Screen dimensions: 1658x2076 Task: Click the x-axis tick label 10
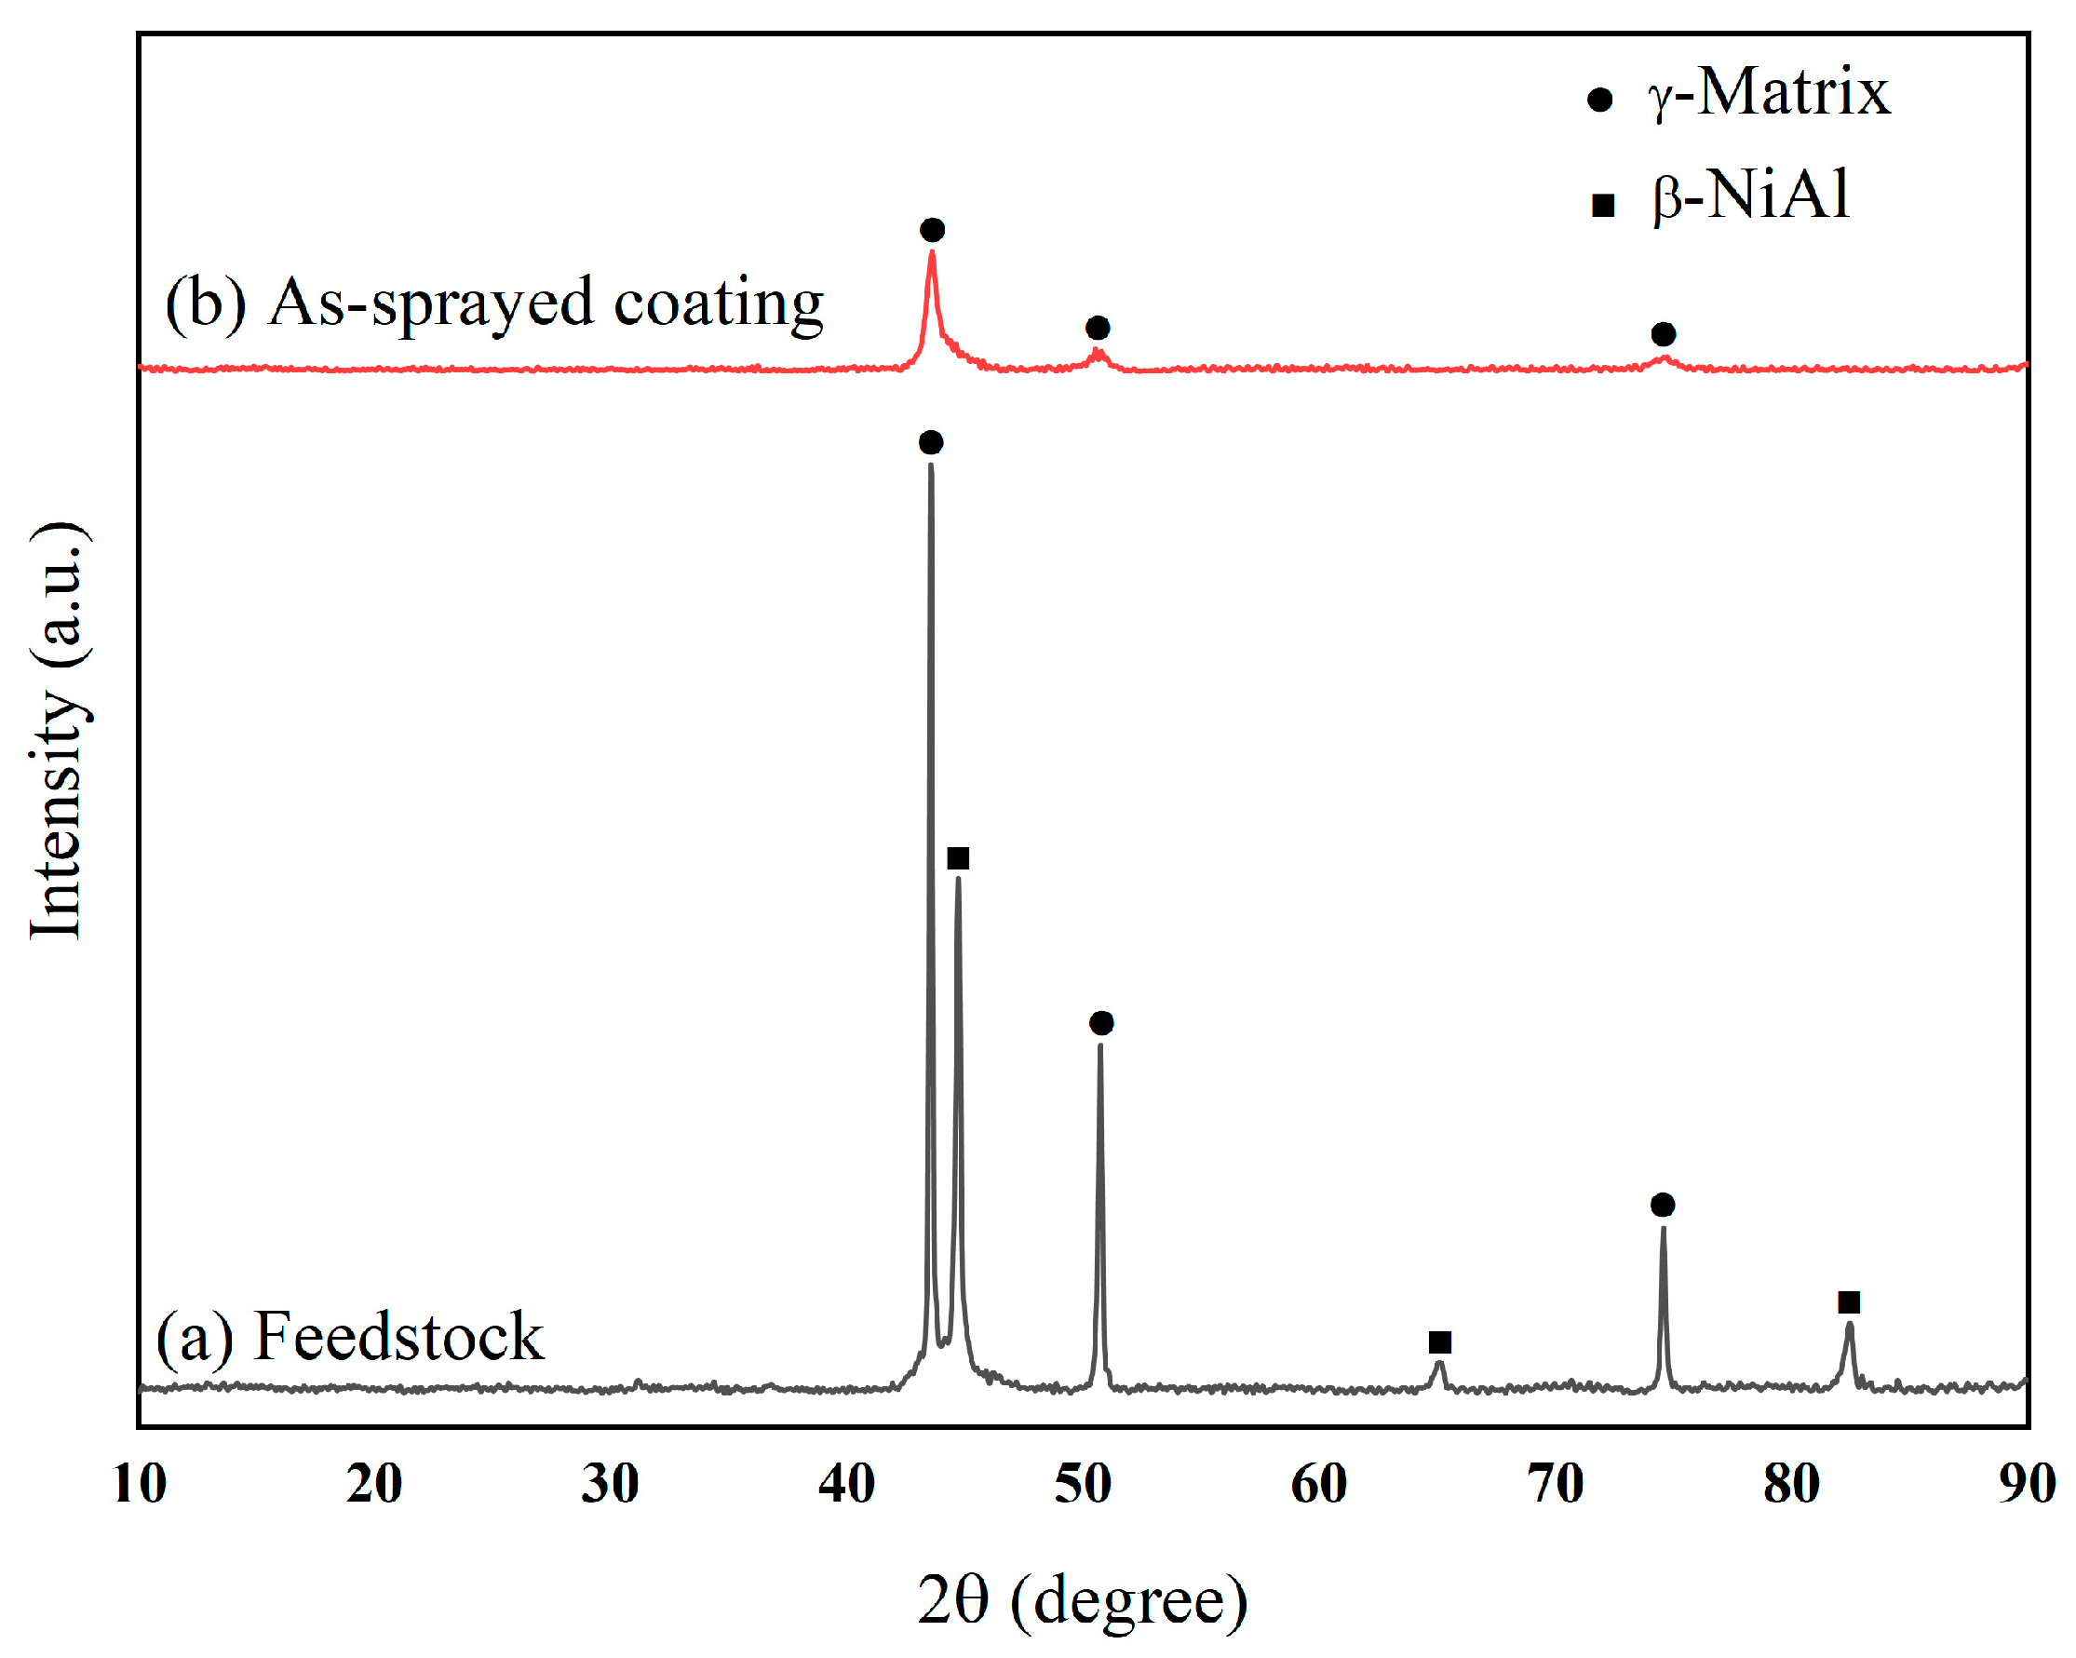141,1484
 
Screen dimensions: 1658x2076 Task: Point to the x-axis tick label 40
847,1484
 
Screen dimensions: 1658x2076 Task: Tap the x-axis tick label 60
1319,1484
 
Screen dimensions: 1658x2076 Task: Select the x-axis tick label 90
2027,1484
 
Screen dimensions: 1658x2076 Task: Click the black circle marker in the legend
1599,100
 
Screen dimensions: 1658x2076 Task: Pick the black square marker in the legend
1602,205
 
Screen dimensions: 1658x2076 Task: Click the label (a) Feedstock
349,1337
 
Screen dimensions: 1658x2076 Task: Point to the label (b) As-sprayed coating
495,303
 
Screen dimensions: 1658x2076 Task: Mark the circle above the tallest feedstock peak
931,443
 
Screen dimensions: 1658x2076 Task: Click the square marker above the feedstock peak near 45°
958,858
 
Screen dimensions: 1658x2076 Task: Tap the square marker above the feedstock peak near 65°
1439,1342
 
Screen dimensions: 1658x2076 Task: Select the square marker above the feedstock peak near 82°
1849,1302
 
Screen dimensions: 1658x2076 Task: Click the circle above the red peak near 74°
1663,334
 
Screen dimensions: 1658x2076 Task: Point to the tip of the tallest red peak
932,253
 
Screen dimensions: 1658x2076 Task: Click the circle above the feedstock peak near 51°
1101,1022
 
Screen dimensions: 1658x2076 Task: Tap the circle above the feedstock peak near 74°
1663,1205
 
